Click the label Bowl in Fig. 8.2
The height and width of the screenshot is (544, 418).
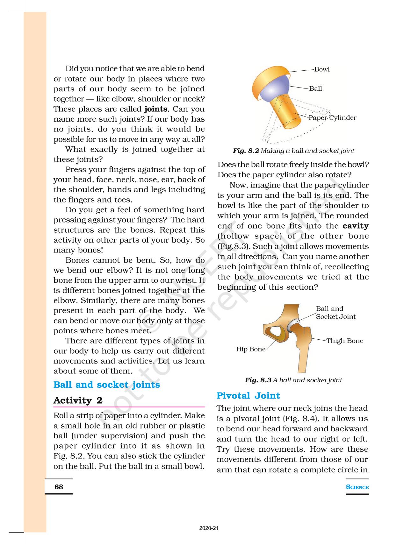coord(322,69)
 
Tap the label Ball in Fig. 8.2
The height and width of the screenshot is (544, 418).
coord(315,88)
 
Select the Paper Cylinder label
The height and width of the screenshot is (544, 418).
coord(332,118)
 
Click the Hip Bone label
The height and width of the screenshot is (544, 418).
coord(250,349)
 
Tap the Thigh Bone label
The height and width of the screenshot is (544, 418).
coord(344,341)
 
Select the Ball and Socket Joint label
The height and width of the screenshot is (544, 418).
coord(335,313)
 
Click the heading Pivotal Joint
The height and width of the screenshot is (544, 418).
coord(248,396)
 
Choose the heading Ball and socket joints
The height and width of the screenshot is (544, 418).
coord(106,385)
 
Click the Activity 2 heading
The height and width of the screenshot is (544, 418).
coord(78,400)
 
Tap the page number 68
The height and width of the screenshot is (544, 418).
coord(59,487)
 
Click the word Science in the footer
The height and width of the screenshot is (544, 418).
coord(357,487)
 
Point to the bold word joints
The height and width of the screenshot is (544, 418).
coord(155,109)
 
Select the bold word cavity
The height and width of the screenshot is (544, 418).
coord(356,226)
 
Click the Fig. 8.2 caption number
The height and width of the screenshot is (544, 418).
coord(246,151)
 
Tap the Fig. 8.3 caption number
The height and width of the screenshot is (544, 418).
coord(258,380)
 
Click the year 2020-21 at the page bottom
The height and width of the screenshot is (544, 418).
coord(209,528)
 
